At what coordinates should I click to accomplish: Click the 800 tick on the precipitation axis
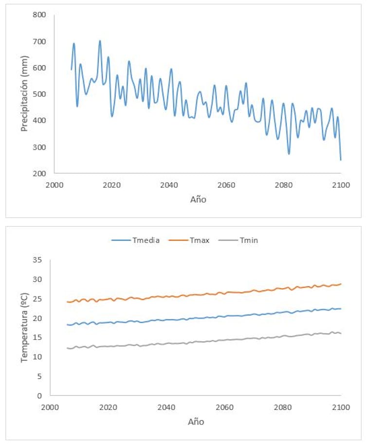[x=40, y=15]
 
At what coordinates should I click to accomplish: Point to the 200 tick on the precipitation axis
[x=40, y=173]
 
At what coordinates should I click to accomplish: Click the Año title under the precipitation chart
[x=198, y=199]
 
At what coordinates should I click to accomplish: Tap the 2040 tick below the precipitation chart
[x=169, y=185]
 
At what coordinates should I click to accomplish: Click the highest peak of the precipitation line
[x=100, y=41]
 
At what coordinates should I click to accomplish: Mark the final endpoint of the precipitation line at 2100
[x=341, y=160]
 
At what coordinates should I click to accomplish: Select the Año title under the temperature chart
[x=196, y=422]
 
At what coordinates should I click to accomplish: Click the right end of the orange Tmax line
[x=341, y=284]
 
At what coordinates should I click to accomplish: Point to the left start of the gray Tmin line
[x=67, y=348]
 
